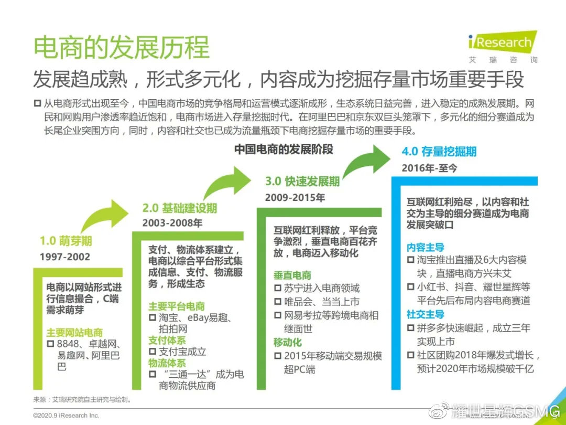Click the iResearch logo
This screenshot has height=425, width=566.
[x=503, y=47]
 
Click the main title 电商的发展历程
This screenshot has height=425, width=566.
[x=122, y=47]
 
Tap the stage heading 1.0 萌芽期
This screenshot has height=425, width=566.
[x=66, y=241]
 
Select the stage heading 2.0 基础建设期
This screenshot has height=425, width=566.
[x=179, y=208]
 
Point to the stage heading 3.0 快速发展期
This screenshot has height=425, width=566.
[x=302, y=181]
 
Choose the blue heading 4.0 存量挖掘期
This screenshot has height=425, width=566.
[x=439, y=152]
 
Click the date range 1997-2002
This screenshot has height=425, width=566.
[x=64, y=257]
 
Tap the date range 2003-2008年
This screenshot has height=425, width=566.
[x=172, y=223]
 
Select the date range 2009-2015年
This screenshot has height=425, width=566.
[x=295, y=198]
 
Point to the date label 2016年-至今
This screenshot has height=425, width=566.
[x=429, y=168]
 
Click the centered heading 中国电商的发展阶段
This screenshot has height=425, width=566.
[x=284, y=149]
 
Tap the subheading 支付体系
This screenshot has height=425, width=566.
[x=167, y=340]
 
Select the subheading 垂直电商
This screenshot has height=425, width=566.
[x=292, y=275]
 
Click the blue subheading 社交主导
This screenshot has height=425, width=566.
[x=425, y=314]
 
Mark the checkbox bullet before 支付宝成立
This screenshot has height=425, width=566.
[x=153, y=351]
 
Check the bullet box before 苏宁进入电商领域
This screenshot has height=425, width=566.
[x=278, y=288]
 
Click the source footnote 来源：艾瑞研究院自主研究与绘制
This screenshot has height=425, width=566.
[x=83, y=399]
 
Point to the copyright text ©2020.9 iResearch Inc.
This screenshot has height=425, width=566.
[x=66, y=416]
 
